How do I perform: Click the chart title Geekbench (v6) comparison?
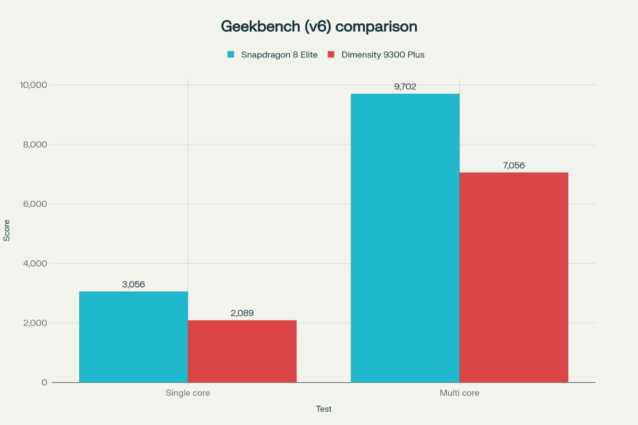coord(319,26)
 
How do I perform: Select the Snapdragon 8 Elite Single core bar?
coord(133,337)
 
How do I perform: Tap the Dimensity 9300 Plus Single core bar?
coord(242,351)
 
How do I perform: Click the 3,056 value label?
coord(133,284)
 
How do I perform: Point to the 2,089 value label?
coord(242,313)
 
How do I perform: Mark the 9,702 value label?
coord(405,87)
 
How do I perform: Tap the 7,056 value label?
coord(514,165)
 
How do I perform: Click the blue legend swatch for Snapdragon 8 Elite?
coord(231,54)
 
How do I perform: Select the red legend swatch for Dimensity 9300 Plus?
coord(331,54)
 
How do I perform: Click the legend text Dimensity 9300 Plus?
coord(383,54)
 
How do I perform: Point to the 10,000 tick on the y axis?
coord(33,85)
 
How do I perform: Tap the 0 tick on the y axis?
coord(44,382)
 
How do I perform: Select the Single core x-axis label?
coord(188,393)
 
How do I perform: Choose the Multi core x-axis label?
coord(459,393)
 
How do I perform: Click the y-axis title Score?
coord(7,232)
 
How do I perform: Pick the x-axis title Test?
coord(324,409)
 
